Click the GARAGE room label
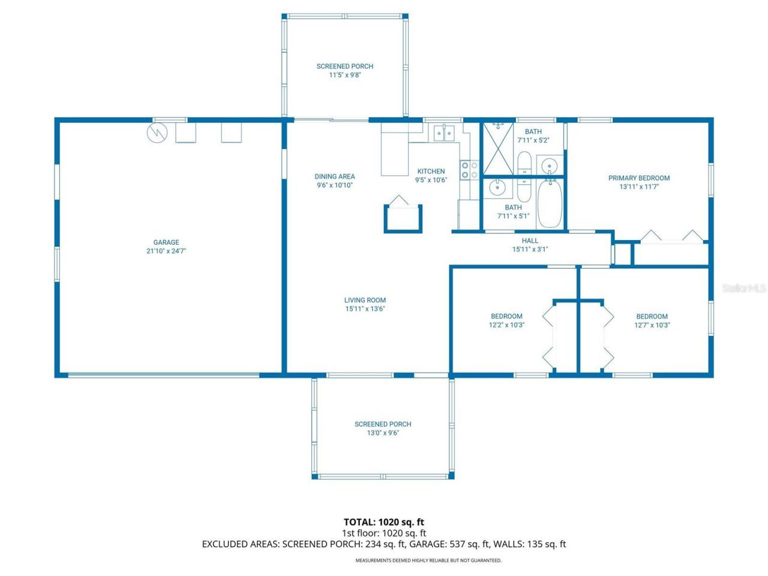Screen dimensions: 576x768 [x=166, y=242]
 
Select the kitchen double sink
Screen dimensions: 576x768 [x=444, y=133]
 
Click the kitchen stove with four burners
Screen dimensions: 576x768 [x=469, y=170]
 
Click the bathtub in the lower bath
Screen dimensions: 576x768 [x=549, y=204]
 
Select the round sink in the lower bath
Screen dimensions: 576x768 [x=497, y=188]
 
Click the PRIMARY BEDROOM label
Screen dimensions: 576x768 [x=638, y=178]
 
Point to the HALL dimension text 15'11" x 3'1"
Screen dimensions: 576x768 [x=530, y=250]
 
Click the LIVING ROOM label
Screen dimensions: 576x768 [x=365, y=300]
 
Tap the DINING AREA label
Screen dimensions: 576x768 [x=335, y=176]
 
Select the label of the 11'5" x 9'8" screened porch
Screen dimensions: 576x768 [x=345, y=67]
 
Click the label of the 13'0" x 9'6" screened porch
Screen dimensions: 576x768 [x=383, y=424]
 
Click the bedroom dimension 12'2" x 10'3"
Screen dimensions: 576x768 [x=506, y=325]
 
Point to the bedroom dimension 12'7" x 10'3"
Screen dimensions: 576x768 [x=652, y=325]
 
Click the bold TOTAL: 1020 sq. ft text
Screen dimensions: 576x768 [x=383, y=522]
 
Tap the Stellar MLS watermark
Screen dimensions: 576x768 [x=744, y=289]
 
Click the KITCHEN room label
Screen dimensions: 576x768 [x=431, y=172]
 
